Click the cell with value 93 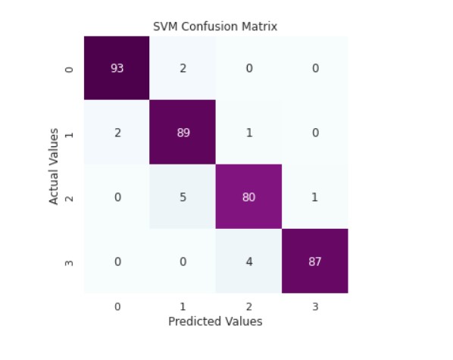(x=117, y=68)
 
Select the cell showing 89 (x=183, y=133)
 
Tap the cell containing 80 (x=248, y=197)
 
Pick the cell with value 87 (x=314, y=261)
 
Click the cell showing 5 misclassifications (x=183, y=197)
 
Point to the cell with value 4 (x=248, y=261)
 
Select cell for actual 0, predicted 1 (x=183, y=68)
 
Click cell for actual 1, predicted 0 (x=117, y=133)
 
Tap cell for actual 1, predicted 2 (x=248, y=133)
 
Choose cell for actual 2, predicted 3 (x=314, y=197)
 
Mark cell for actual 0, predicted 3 (x=314, y=68)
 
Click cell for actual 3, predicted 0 (x=117, y=261)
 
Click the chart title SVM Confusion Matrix (x=215, y=27)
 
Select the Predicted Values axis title (x=215, y=321)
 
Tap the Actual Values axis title (x=55, y=165)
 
